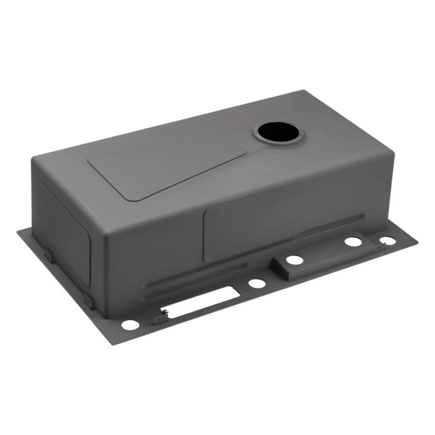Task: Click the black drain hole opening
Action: click(x=279, y=132)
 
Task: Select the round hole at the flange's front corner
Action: click(x=130, y=325)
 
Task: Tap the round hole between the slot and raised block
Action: click(x=257, y=283)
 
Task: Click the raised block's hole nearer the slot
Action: click(x=295, y=260)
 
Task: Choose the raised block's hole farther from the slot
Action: click(x=353, y=241)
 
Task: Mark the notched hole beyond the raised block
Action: click(x=387, y=240)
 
